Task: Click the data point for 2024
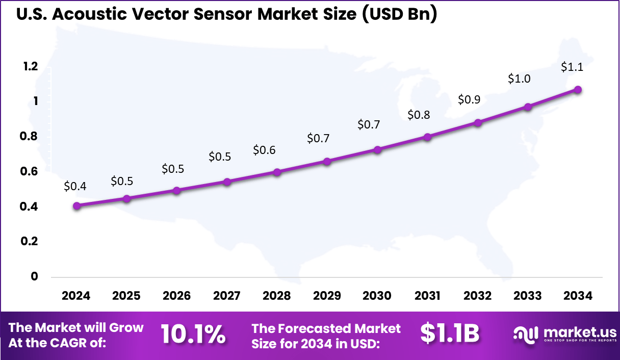point(76,206)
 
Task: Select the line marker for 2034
point(578,90)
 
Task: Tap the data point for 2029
point(327,162)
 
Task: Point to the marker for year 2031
point(428,137)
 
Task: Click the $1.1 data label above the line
point(572,67)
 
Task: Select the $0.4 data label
point(75,187)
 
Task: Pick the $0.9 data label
point(469,99)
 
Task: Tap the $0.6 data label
point(264,150)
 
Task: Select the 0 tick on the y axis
point(35,276)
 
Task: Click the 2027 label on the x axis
point(226,296)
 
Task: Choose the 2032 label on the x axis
point(478,296)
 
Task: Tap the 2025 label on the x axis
point(126,296)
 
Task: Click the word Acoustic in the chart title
point(90,15)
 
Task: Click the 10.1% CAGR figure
point(193,334)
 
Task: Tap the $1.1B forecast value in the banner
point(450,333)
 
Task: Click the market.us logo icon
point(526,335)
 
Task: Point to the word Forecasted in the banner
point(327,328)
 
